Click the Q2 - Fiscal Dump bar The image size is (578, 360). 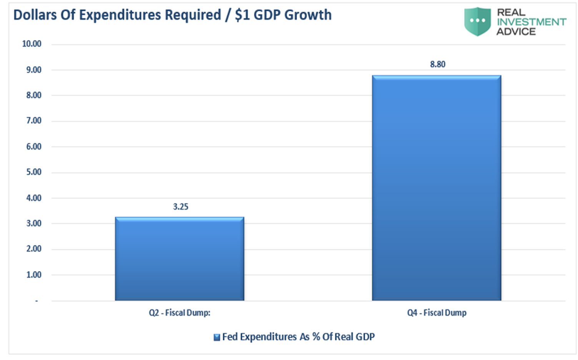coord(179,258)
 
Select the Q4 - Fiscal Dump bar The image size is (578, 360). coord(436,188)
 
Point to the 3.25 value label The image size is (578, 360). coord(181,207)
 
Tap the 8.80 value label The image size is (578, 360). coord(437,64)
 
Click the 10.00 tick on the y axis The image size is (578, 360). coord(32,44)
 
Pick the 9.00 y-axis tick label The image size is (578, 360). coord(33,70)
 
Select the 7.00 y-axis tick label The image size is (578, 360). coord(33,121)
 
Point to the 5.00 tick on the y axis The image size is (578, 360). coord(33,172)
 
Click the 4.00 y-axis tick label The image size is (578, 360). coord(33,198)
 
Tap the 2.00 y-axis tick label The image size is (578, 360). coord(33,249)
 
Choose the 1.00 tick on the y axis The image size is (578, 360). coord(33,275)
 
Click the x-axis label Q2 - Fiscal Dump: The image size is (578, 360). coord(179,313)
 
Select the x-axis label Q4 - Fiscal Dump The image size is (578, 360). coord(437,313)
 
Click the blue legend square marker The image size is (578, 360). coord(217,337)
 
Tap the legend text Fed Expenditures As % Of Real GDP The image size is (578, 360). coord(298,337)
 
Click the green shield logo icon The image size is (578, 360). coord(477,22)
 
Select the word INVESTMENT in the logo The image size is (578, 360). coord(531,22)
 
